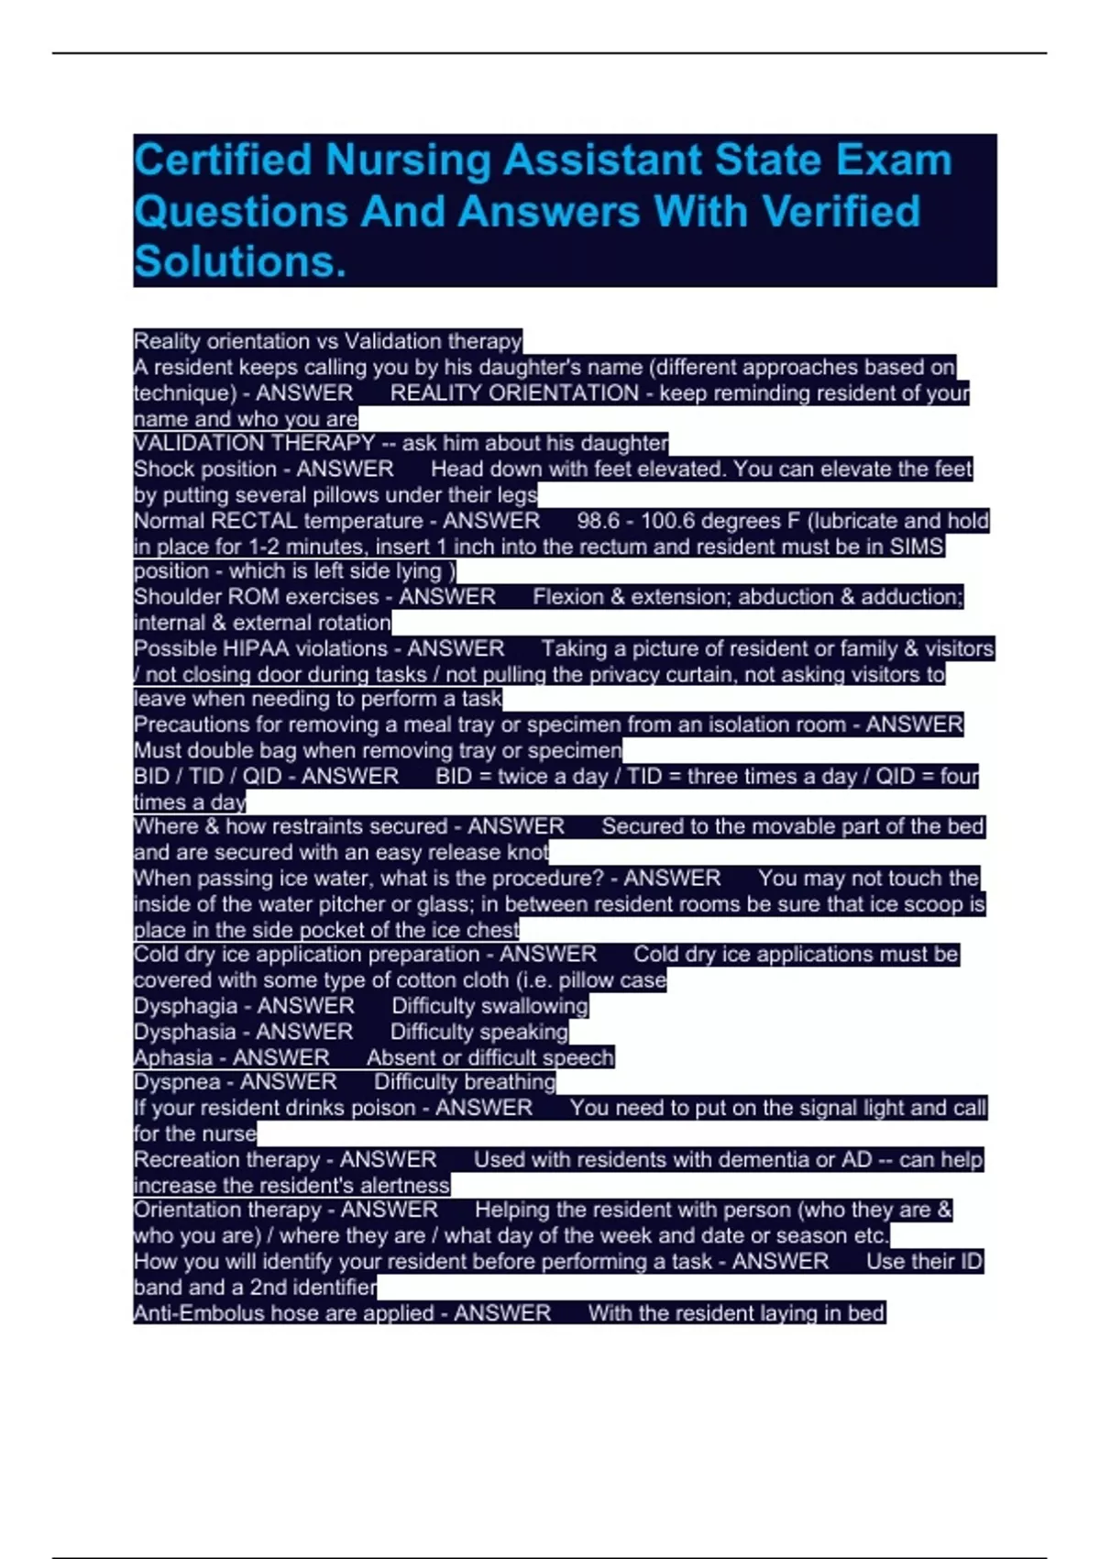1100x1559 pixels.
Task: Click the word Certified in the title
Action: point(223,160)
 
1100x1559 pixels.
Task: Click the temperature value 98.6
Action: point(598,521)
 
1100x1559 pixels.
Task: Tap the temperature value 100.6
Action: point(665,521)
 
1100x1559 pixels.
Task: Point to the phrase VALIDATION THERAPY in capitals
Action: point(254,443)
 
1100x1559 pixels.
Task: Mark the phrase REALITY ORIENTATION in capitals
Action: point(514,393)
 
